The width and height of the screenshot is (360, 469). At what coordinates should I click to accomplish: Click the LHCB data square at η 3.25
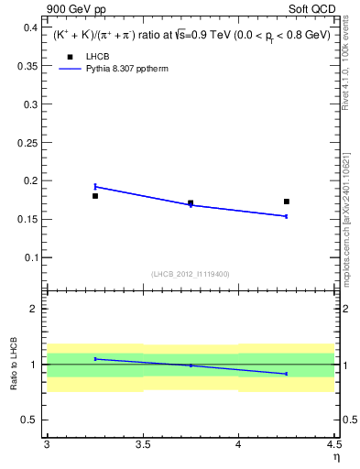tap(95, 196)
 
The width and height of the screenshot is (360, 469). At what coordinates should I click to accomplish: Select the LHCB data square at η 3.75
tap(191, 203)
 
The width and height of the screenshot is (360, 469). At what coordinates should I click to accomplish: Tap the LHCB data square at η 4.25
tap(287, 202)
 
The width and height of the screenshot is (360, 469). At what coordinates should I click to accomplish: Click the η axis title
tap(335, 457)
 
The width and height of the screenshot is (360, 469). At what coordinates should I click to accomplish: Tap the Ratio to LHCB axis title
tap(13, 365)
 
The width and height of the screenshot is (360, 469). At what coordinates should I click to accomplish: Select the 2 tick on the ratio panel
tap(36, 309)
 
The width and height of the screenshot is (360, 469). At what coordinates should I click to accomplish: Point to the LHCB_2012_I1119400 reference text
tap(190, 273)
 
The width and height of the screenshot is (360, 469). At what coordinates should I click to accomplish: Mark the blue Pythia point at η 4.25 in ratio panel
tap(287, 374)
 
